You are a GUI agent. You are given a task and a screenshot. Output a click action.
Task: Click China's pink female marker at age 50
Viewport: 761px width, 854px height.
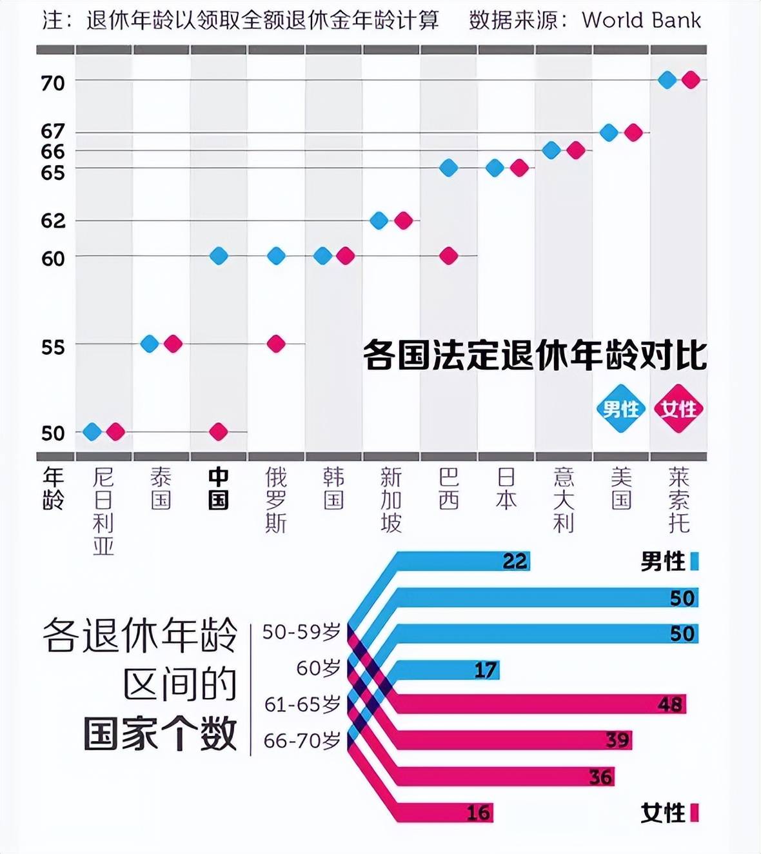click(219, 432)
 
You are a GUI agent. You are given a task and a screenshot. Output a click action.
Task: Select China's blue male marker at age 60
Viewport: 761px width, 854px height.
click(219, 256)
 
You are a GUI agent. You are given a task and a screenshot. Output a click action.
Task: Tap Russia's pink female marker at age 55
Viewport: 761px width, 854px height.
click(276, 344)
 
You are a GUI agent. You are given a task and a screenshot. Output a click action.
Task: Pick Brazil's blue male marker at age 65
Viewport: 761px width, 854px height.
click(449, 168)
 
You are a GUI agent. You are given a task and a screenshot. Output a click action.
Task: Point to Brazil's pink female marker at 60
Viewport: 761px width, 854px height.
click(449, 256)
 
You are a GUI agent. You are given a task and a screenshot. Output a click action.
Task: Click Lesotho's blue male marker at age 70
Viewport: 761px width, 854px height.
click(667, 80)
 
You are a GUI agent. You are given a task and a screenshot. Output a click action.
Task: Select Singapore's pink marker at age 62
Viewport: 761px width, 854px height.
click(403, 221)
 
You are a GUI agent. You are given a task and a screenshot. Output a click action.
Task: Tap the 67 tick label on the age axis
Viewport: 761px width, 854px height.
click(53, 132)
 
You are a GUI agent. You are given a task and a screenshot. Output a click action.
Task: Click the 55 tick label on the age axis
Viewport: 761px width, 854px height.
click(53, 347)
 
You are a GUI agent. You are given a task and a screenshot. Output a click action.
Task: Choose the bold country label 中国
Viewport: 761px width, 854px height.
click(219, 488)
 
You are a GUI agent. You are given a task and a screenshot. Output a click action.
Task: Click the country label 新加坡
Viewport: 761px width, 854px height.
click(391, 500)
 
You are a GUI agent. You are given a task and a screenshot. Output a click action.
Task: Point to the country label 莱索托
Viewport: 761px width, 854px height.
click(678, 500)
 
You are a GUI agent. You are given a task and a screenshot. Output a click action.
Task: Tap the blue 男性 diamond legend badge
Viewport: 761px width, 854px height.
click(620, 408)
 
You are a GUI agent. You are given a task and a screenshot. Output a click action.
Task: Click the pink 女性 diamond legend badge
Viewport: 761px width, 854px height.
click(678, 408)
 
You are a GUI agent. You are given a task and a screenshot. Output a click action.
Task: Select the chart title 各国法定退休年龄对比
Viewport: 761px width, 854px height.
click(535, 355)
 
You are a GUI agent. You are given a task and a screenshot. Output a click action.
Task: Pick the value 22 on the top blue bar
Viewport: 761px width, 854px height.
click(515, 561)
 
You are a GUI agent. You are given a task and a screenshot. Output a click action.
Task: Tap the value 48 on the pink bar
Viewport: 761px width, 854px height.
click(670, 704)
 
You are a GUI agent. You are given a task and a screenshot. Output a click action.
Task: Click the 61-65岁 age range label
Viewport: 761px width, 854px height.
click(302, 704)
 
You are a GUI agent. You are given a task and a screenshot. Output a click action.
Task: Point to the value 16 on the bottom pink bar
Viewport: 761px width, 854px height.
click(478, 813)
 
